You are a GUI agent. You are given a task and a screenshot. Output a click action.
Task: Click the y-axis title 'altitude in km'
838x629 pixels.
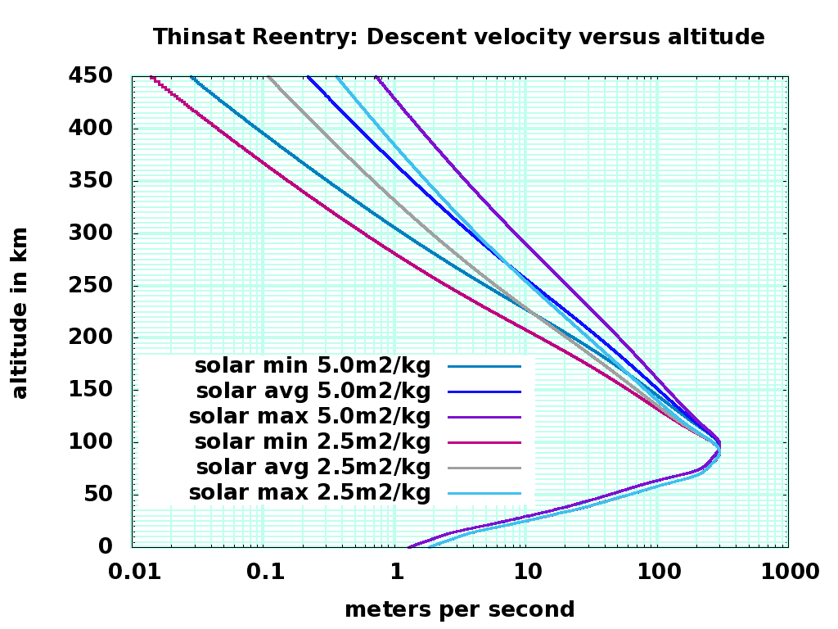pyautogui.click(x=20, y=314)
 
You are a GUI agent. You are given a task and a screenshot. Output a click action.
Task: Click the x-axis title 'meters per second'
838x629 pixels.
pyautogui.click(x=459, y=609)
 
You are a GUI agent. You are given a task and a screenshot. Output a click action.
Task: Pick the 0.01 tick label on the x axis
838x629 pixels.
pyautogui.click(x=133, y=572)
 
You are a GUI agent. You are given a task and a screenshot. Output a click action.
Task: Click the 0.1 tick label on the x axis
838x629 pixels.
pyautogui.click(x=264, y=572)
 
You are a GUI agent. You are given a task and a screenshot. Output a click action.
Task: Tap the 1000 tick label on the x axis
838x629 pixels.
pyautogui.click(x=787, y=572)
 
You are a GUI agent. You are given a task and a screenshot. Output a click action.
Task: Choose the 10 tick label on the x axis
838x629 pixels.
pyautogui.click(x=525, y=572)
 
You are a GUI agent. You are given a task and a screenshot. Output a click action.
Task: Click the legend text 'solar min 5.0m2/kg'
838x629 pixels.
pyautogui.click(x=312, y=365)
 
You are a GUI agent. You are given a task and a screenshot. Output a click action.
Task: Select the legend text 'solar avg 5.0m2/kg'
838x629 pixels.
pyautogui.click(x=313, y=391)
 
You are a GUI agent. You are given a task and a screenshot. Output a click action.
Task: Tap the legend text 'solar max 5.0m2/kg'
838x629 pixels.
pyautogui.click(x=309, y=417)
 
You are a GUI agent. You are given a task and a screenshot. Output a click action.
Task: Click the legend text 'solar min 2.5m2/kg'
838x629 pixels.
pyautogui.click(x=312, y=442)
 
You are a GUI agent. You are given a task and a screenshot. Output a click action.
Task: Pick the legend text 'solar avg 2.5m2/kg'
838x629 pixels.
pyautogui.click(x=313, y=468)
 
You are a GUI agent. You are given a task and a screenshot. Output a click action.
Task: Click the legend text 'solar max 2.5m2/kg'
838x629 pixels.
pyautogui.click(x=309, y=493)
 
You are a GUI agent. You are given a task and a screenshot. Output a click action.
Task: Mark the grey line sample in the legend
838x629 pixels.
pyautogui.click(x=485, y=468)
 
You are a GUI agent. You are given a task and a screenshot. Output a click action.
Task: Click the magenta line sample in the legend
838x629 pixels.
pyautogui.click(x=485, y=442)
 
